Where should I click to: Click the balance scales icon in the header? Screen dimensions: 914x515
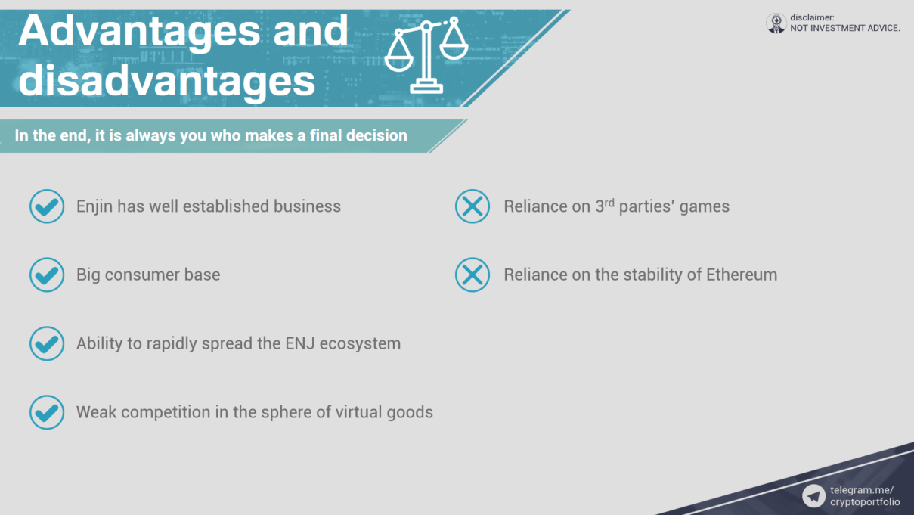(x=426, y=54)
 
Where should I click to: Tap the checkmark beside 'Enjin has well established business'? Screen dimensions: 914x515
(x=47, y=206)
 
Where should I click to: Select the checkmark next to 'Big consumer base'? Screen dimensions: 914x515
(x=47, y=275)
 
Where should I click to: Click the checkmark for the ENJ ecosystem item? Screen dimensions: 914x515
(x=47, y=343)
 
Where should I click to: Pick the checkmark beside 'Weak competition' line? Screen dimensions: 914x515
(x=47, y=412)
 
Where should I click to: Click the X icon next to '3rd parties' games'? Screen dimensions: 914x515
(x=472, y=206)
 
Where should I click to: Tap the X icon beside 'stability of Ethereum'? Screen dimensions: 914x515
(x=472, y=275)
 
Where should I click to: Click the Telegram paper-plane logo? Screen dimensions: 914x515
(x=813, y=496)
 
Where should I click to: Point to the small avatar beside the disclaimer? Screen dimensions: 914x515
(x=776, y=23)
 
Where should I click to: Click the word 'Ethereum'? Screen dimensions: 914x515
(x=742, y=275)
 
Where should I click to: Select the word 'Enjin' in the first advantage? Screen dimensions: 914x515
(x=94, y=206)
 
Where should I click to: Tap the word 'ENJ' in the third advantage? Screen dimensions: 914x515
(x=300, y=343)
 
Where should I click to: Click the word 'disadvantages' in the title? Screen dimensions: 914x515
(x=167, y=80)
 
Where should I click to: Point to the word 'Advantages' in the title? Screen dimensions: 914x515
(x=139, y=31)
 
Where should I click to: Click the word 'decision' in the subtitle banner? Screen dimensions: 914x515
(x=376, y=135)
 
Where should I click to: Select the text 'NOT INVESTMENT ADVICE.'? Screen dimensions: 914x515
(x=845, y=28)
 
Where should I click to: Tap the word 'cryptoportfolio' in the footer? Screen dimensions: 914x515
(x=865, y=502)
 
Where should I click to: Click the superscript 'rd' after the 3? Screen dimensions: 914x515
(x=609, y=203)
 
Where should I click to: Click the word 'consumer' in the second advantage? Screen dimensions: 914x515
(x=142, y=275)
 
